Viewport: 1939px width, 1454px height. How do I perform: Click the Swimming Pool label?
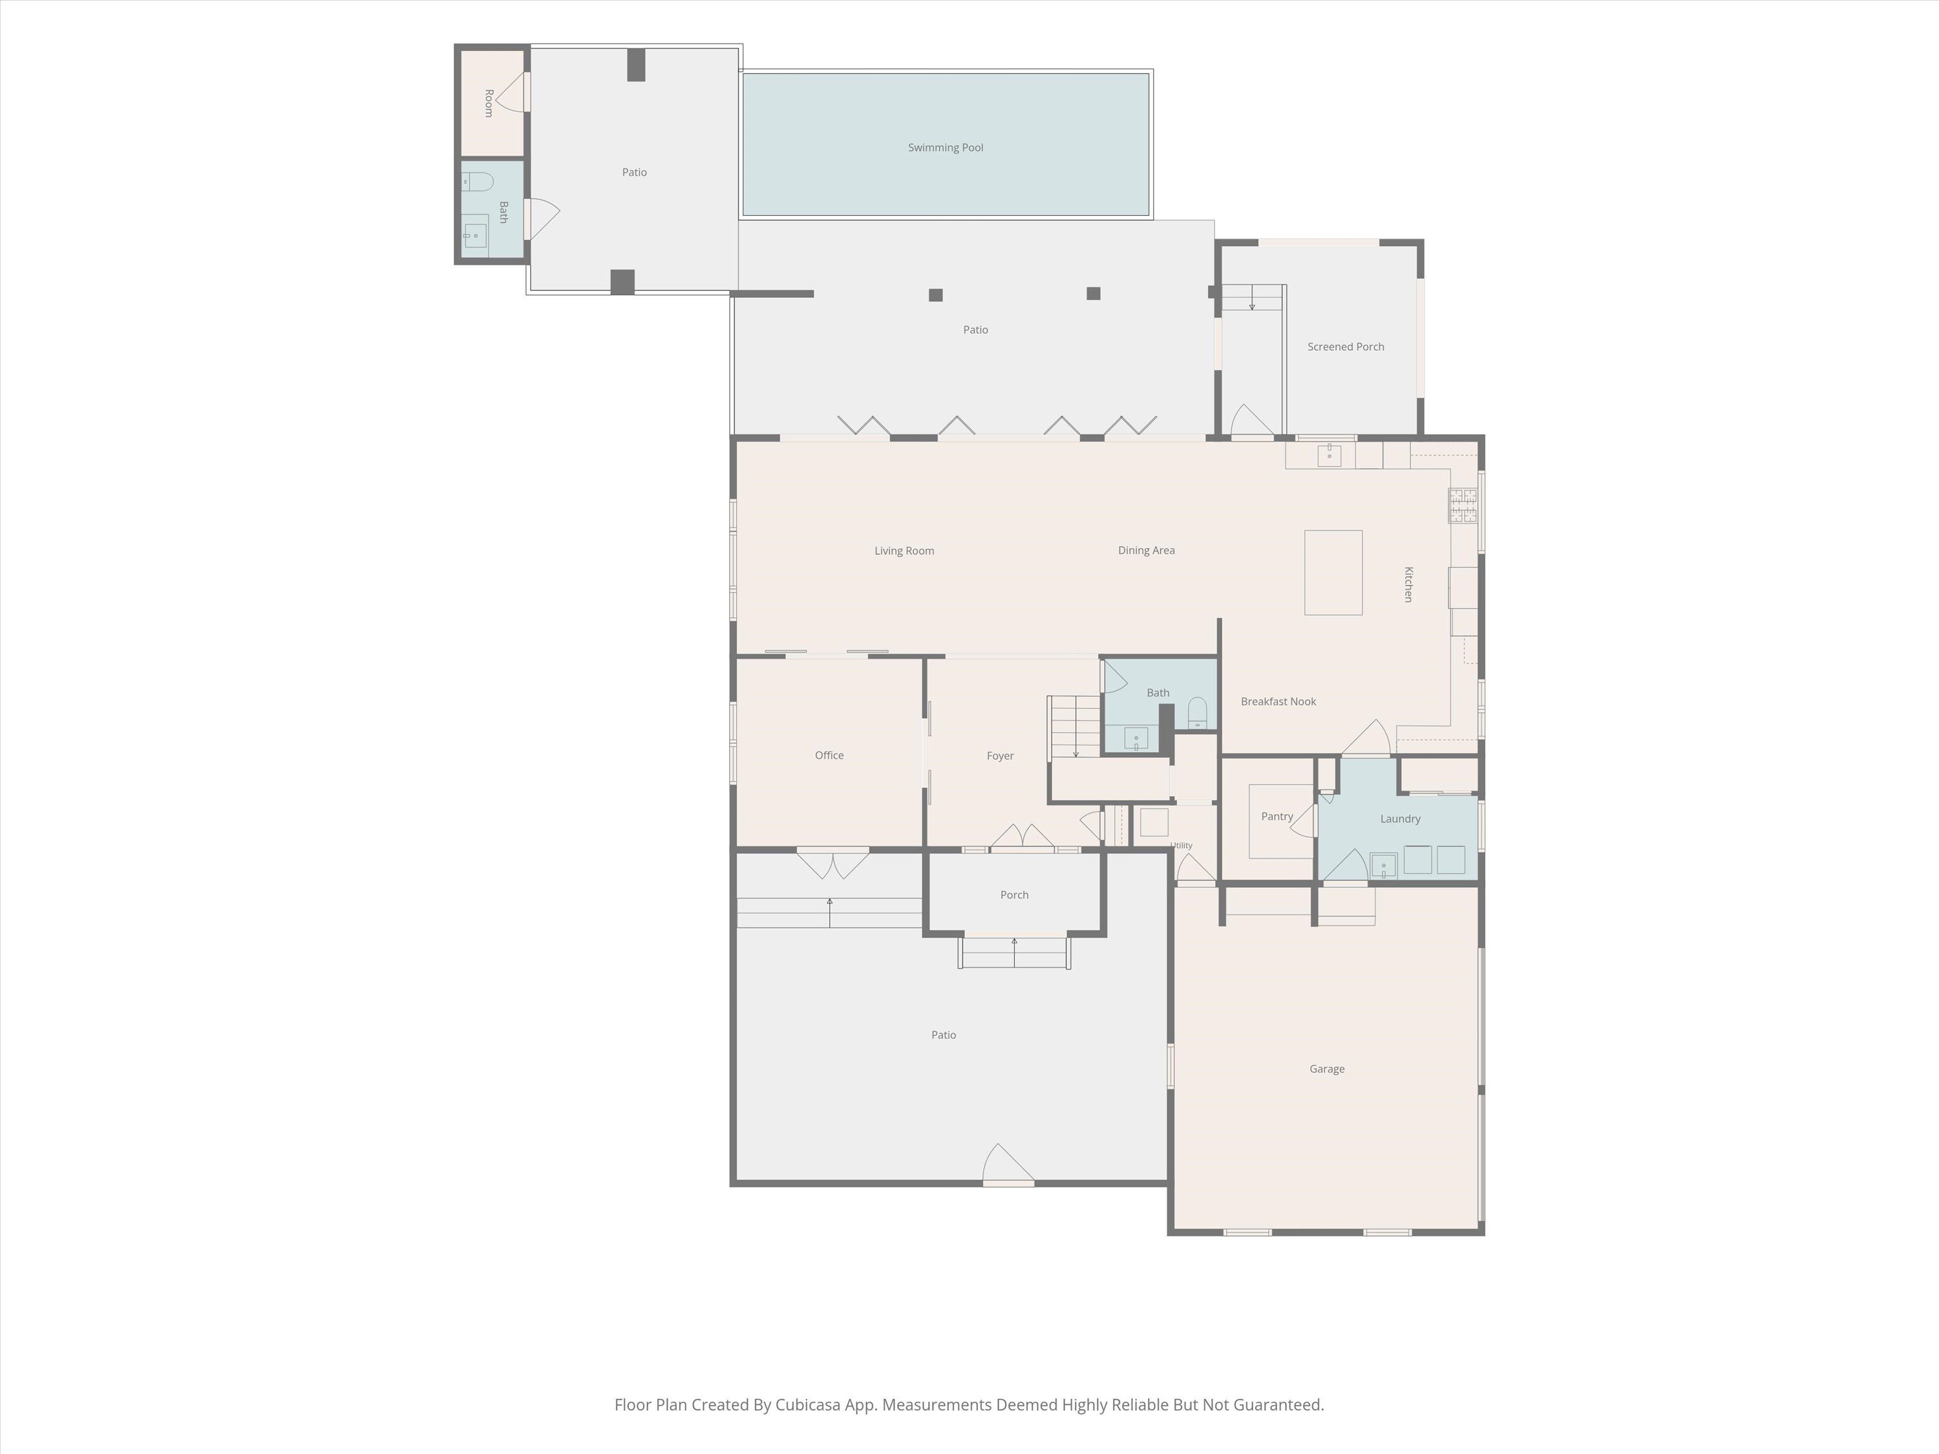(x=945, y=148)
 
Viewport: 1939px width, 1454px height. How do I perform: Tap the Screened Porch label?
(x=1346, y=347)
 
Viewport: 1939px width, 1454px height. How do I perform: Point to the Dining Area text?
(x=1146, y=551)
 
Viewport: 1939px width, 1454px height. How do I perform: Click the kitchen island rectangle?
(x=1333, y=573)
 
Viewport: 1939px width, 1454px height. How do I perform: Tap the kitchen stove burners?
(x=1462, y=506)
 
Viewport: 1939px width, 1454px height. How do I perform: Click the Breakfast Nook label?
(x=1278, y=701)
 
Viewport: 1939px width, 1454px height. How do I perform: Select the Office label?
(x=829, y=755)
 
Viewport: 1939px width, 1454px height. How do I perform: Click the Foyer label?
(x=1000, y=755)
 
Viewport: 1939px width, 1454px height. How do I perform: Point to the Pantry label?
(x=1277, y=816)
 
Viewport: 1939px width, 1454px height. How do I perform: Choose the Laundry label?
(x=1400, y=819)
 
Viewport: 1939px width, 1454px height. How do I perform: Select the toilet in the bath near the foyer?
(x=1198, y=713)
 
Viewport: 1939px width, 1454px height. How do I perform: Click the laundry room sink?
(x=1383, y=866)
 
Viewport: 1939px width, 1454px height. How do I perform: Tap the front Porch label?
(x=1014, y=895)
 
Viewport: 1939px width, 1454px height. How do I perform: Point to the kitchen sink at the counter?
(x=1329, y=456)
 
